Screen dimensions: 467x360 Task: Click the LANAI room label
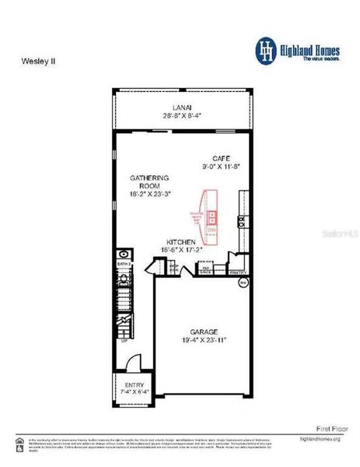click(183, 107)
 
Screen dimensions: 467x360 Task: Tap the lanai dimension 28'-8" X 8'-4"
click(183, 115)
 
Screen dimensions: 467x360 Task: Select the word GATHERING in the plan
click(149, 177)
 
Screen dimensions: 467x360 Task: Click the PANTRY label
click(238, 272)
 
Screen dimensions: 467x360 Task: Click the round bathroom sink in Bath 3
click(123, 254)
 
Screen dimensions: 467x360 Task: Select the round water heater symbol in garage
click(242, 283)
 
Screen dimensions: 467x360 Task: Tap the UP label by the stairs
click(123, 339)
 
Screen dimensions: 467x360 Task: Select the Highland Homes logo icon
click(266, 49)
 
